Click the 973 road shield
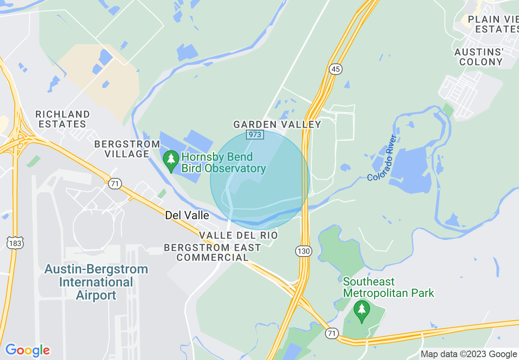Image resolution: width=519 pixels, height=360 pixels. (254, 134)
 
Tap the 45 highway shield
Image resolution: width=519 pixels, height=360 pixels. (336, 69)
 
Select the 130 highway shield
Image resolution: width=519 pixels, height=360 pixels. (304, 251)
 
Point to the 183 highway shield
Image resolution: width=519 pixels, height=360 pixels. (15, 243)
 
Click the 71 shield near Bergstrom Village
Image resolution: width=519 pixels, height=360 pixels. (115, 184)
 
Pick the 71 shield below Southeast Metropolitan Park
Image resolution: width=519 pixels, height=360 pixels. (332, 333)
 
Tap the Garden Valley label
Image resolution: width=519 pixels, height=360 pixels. (277, 124)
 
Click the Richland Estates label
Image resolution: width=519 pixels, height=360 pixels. (62, 119)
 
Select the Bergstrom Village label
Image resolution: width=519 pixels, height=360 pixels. (127, 149)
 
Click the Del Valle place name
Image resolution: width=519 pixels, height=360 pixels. (187, 215)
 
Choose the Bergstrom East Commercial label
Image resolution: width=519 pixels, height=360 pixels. (212, 252)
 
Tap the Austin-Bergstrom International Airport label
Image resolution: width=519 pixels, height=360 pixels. (96, 282)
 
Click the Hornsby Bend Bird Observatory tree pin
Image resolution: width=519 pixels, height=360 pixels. (171, 161)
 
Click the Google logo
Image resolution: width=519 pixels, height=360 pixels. (27, 350)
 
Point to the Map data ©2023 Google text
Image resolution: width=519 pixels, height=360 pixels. (469, 354)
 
